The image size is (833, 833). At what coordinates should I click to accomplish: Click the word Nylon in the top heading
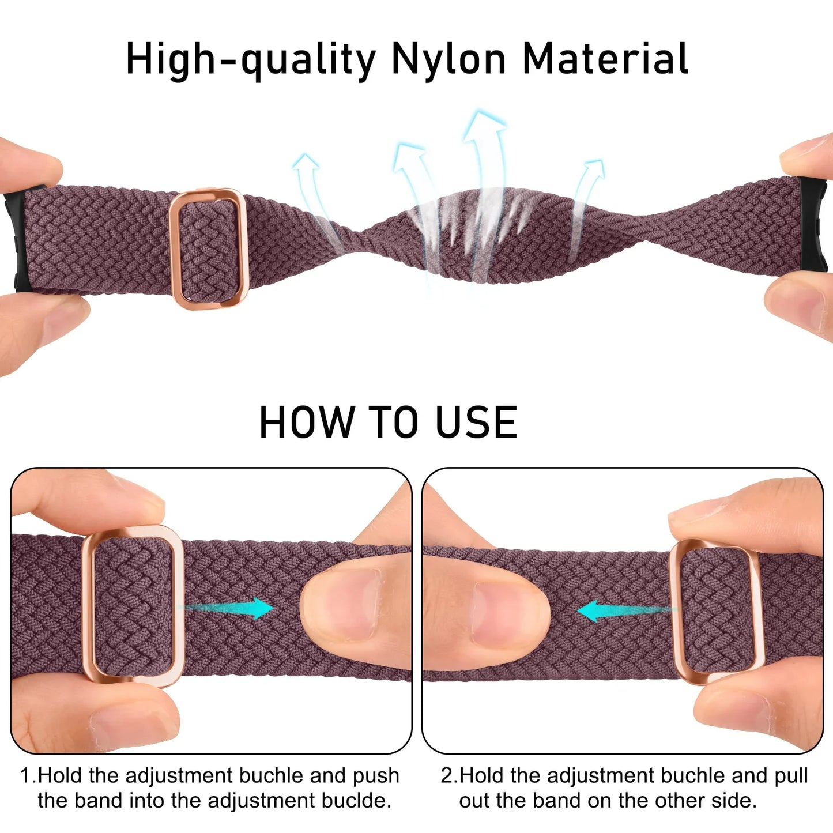click(448, 59)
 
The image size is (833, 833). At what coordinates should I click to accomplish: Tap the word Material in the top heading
click(605, 59)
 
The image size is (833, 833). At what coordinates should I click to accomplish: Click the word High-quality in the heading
click(251, 60)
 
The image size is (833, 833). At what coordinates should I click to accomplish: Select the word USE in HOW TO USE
click(476, 423)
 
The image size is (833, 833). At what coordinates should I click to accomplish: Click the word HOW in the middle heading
click(307, 423)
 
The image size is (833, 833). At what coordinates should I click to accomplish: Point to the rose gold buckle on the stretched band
click(208, 248)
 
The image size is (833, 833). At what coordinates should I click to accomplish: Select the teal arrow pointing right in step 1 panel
click(231, 608)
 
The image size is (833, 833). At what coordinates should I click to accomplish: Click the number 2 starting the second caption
click(447, 775)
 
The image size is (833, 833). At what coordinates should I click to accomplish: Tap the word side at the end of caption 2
click(734, 801)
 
